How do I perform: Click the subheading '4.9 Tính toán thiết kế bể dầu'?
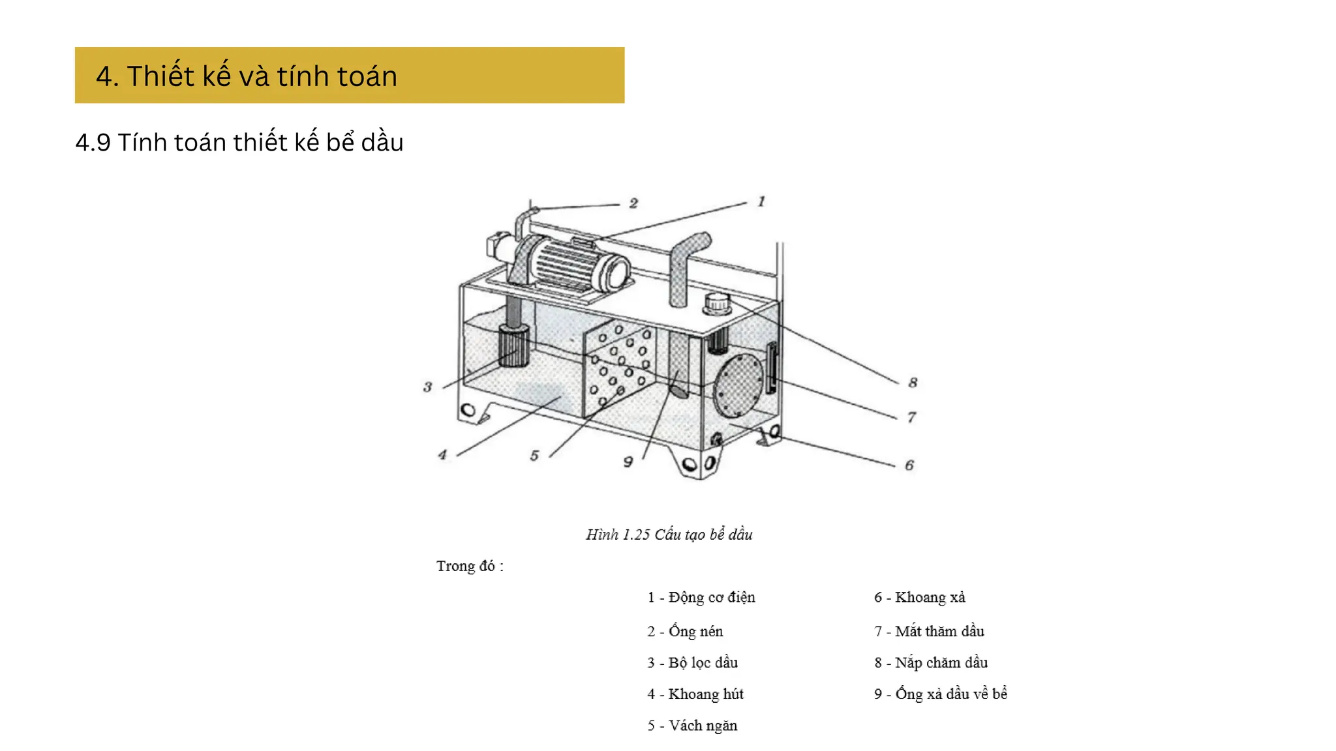click(239, 143)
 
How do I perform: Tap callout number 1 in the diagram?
click(761, 201)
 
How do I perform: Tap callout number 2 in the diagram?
click(633, 203)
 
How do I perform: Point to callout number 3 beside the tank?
click(427, 387)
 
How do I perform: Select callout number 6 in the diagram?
click(909, 465)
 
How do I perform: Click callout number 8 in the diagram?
click(913, 383)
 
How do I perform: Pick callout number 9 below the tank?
click(628, 462)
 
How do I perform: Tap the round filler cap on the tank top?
click(717, 303)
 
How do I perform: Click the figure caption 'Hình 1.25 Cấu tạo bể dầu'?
click(669, 535)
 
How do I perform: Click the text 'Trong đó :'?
click(470, 566)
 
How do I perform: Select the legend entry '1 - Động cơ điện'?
click(701, 597)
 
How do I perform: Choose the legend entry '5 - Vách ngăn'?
click(692, 726)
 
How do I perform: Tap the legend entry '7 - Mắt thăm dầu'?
click(929, 631)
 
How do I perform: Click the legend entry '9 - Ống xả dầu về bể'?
click(941, 694)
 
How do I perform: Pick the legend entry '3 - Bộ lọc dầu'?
click(692, 662)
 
